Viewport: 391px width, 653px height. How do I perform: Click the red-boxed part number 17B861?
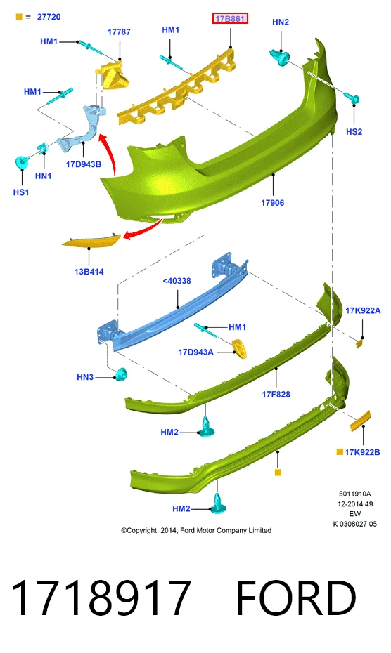coord(230,18)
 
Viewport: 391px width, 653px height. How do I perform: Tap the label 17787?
coord(119,32)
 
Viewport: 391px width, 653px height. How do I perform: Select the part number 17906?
coord(272,203)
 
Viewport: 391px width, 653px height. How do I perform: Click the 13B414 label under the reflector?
coord(89,272)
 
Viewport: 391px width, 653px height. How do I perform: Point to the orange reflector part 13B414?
coord(91,241)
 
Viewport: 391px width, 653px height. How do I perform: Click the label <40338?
coord(177,281)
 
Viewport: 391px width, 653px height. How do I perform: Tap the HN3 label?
coord(85,377)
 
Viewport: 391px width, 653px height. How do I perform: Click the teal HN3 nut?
coord(122,375)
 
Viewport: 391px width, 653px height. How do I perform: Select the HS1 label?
coord(21,192)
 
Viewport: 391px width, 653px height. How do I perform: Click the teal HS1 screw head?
coord(21,162)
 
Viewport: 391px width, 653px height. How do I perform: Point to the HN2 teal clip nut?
coord(280,58)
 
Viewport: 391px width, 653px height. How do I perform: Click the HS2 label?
coord(354,132)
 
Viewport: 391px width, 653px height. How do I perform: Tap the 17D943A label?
coord(195,352)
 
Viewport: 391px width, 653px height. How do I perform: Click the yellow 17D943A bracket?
coord(240,348)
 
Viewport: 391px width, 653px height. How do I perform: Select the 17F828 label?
coord(276,394)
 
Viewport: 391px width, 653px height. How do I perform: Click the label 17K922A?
coord(363,310)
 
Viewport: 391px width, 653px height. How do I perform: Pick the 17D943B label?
coord(84,164)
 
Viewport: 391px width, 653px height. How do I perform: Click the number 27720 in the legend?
coord(49,17)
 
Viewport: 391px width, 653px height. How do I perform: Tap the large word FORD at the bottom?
coord(296,598)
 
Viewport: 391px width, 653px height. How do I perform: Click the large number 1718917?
coord(101,598)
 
